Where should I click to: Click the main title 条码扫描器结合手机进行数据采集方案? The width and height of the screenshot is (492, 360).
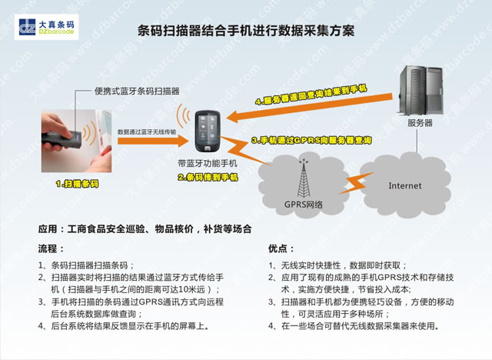click(x=246, y=32)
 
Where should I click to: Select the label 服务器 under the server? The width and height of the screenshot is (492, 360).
click(x=420, y=123)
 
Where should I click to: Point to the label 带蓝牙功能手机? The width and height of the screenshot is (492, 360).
click(x=207, y=164)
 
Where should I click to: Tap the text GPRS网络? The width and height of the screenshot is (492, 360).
click(x=304, y=205)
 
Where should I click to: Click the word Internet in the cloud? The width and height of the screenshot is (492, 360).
click(x=404, y=185)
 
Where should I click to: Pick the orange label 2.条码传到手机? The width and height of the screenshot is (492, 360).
click(x=208, y=177)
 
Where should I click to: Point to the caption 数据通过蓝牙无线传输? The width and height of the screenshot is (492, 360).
click(x=147, y=132)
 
